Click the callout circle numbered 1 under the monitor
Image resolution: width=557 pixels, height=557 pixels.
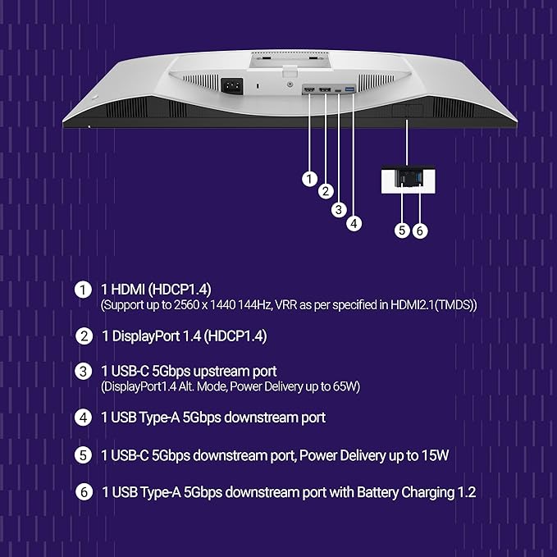pyautogui.click(x=309, y=179)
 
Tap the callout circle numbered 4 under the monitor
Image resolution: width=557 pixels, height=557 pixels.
pyautogui.click(x=354, y=223)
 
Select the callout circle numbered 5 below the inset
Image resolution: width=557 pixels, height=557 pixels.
pyautogui.click(x=402, y=231)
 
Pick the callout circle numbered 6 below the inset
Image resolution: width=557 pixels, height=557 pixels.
pyautogui.click(x=420, y=231)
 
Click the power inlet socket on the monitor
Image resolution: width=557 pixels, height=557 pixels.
pyautogui.click(x=232, y=85)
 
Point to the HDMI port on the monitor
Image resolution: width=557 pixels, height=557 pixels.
pyautogui.click(x=309, y=89)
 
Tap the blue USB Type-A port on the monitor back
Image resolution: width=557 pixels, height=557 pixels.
pyautogui.click(x=350, y=89)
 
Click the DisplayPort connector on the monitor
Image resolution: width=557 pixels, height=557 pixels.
pyautogui.click(x=325, y=89)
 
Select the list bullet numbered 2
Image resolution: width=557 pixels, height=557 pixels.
pyautogui.click(x=84, y=336)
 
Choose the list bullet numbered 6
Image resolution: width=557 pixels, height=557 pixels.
pyautogui.click(x=84, y=492)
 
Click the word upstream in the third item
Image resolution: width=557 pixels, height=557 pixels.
pyautogui.click(x=221, y=372)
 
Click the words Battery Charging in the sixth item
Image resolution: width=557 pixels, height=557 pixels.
pyautogui.click(x=406, y=492)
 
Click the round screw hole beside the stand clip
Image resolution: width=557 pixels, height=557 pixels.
pyautogui.click(x=290, y=84)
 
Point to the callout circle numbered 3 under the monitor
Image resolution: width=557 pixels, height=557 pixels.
pyautogui.click(x=339, y=209)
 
